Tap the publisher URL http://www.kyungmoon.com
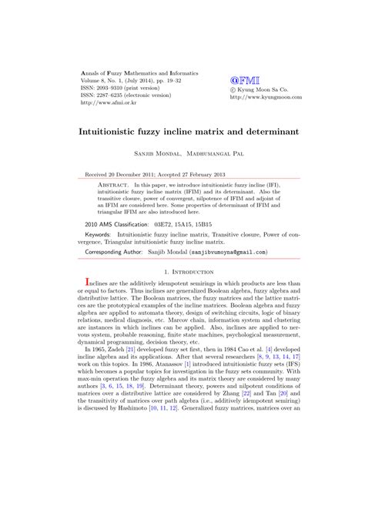[266, 98]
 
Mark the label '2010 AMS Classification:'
[117, 223]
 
